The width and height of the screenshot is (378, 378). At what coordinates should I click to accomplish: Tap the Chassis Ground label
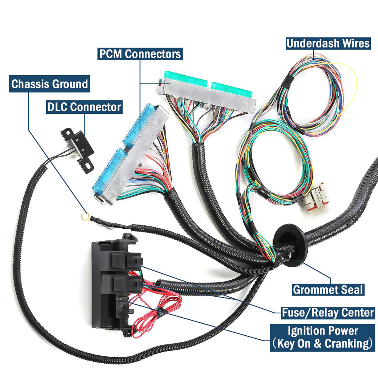[50, 84]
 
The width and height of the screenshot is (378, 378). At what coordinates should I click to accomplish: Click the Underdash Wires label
[328, 43]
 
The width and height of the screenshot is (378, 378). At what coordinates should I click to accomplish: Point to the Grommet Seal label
[328, 290]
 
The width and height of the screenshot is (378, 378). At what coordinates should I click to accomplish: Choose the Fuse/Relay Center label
[328, 313]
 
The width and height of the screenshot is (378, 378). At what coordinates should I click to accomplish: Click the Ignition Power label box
[322, 338]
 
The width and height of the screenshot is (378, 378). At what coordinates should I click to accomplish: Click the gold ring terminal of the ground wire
[82, 216]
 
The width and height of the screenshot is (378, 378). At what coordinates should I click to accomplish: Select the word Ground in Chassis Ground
[70, 84]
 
